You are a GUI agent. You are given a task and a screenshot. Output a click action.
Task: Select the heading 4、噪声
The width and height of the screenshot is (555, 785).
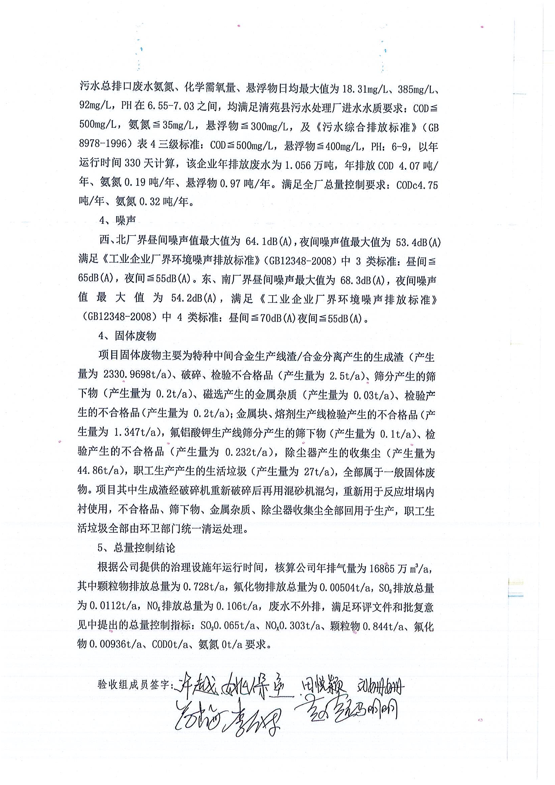pyautogui.click(x=117, y=220)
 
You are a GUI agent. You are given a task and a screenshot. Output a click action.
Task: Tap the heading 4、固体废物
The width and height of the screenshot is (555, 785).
pyautogui.click(x=127, y=336)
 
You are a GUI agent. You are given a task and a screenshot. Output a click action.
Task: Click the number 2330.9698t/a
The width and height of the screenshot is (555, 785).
pyautogui.click(x=137, y=375)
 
